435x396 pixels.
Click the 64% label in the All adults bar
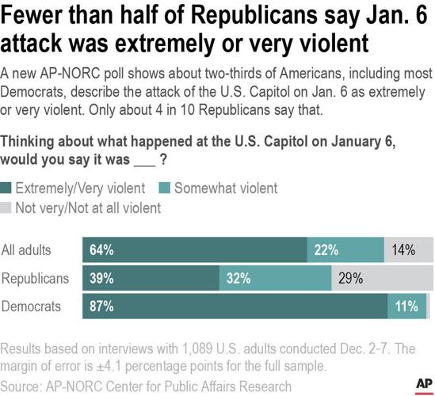(101, 250)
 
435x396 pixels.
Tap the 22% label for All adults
(326, 250)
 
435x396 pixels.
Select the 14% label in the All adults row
(405, 250)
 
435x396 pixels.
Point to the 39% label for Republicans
(101, 278)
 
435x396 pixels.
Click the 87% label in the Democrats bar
(101, 307)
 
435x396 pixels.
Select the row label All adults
(28, 250)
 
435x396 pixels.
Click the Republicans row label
(36, 278)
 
